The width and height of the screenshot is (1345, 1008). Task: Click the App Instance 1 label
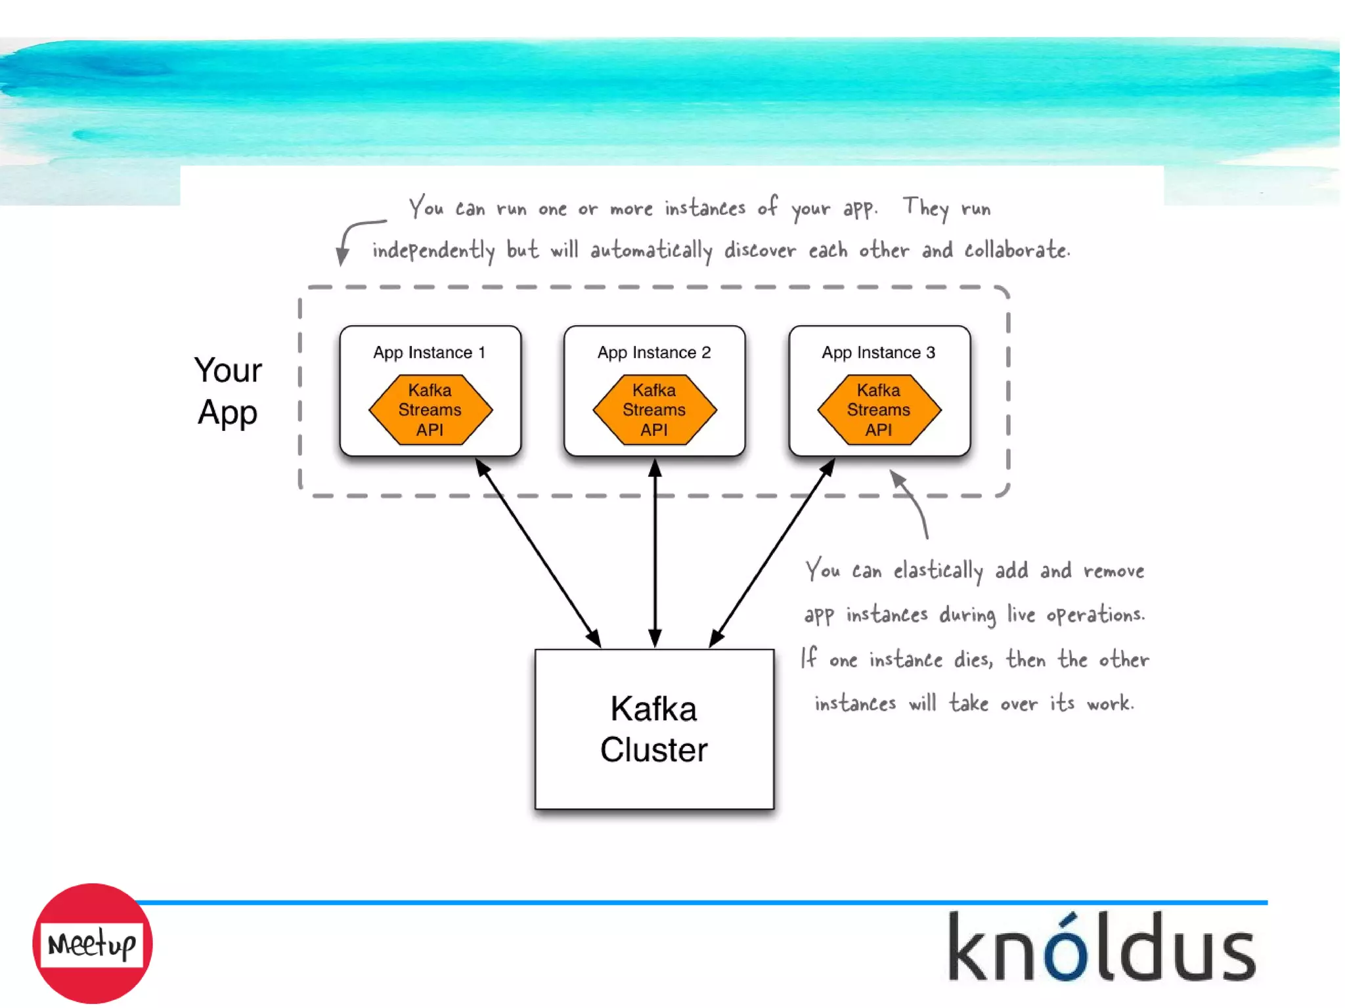tap(430, 353)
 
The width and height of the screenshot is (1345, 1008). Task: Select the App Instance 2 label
tap(654, 353)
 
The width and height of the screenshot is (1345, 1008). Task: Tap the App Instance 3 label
tap(878, 353)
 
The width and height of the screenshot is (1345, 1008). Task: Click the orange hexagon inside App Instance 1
tap(430, 410)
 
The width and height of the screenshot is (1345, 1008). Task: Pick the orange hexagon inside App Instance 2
tap(654, 410)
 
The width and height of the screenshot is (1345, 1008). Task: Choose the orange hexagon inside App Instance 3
tap(879, 410)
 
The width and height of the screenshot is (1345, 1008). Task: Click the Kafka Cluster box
tap(654, 729)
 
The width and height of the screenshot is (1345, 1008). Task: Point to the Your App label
tap(228, 391)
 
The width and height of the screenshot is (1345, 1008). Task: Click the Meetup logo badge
tap(93, 943)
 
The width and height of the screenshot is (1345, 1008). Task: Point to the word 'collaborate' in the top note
tap(1017, 250)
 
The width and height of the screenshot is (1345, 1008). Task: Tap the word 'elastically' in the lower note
tap(938, 571)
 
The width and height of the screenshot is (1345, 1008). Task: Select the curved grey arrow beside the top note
tap(355, 236)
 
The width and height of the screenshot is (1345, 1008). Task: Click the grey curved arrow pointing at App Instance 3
tap(913, 502)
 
